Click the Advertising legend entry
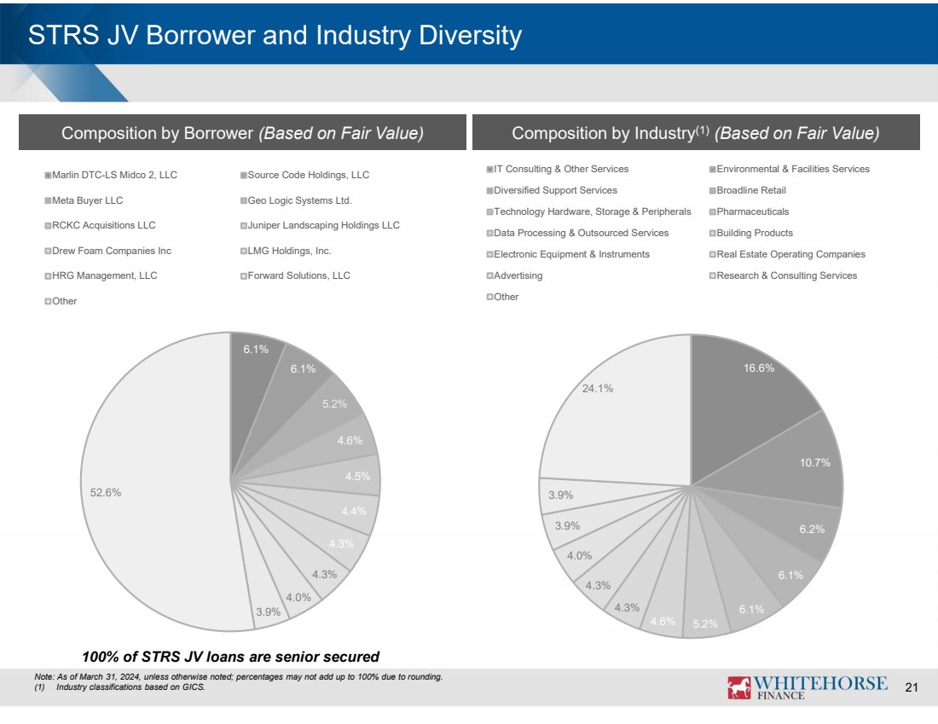(518, 275)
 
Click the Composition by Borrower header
(242, 133)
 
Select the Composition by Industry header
(695, 133)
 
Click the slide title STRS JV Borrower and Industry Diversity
(275, 36)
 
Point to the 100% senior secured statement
(230, 656)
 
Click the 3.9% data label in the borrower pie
(269, 611)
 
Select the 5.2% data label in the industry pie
(705, 623)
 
